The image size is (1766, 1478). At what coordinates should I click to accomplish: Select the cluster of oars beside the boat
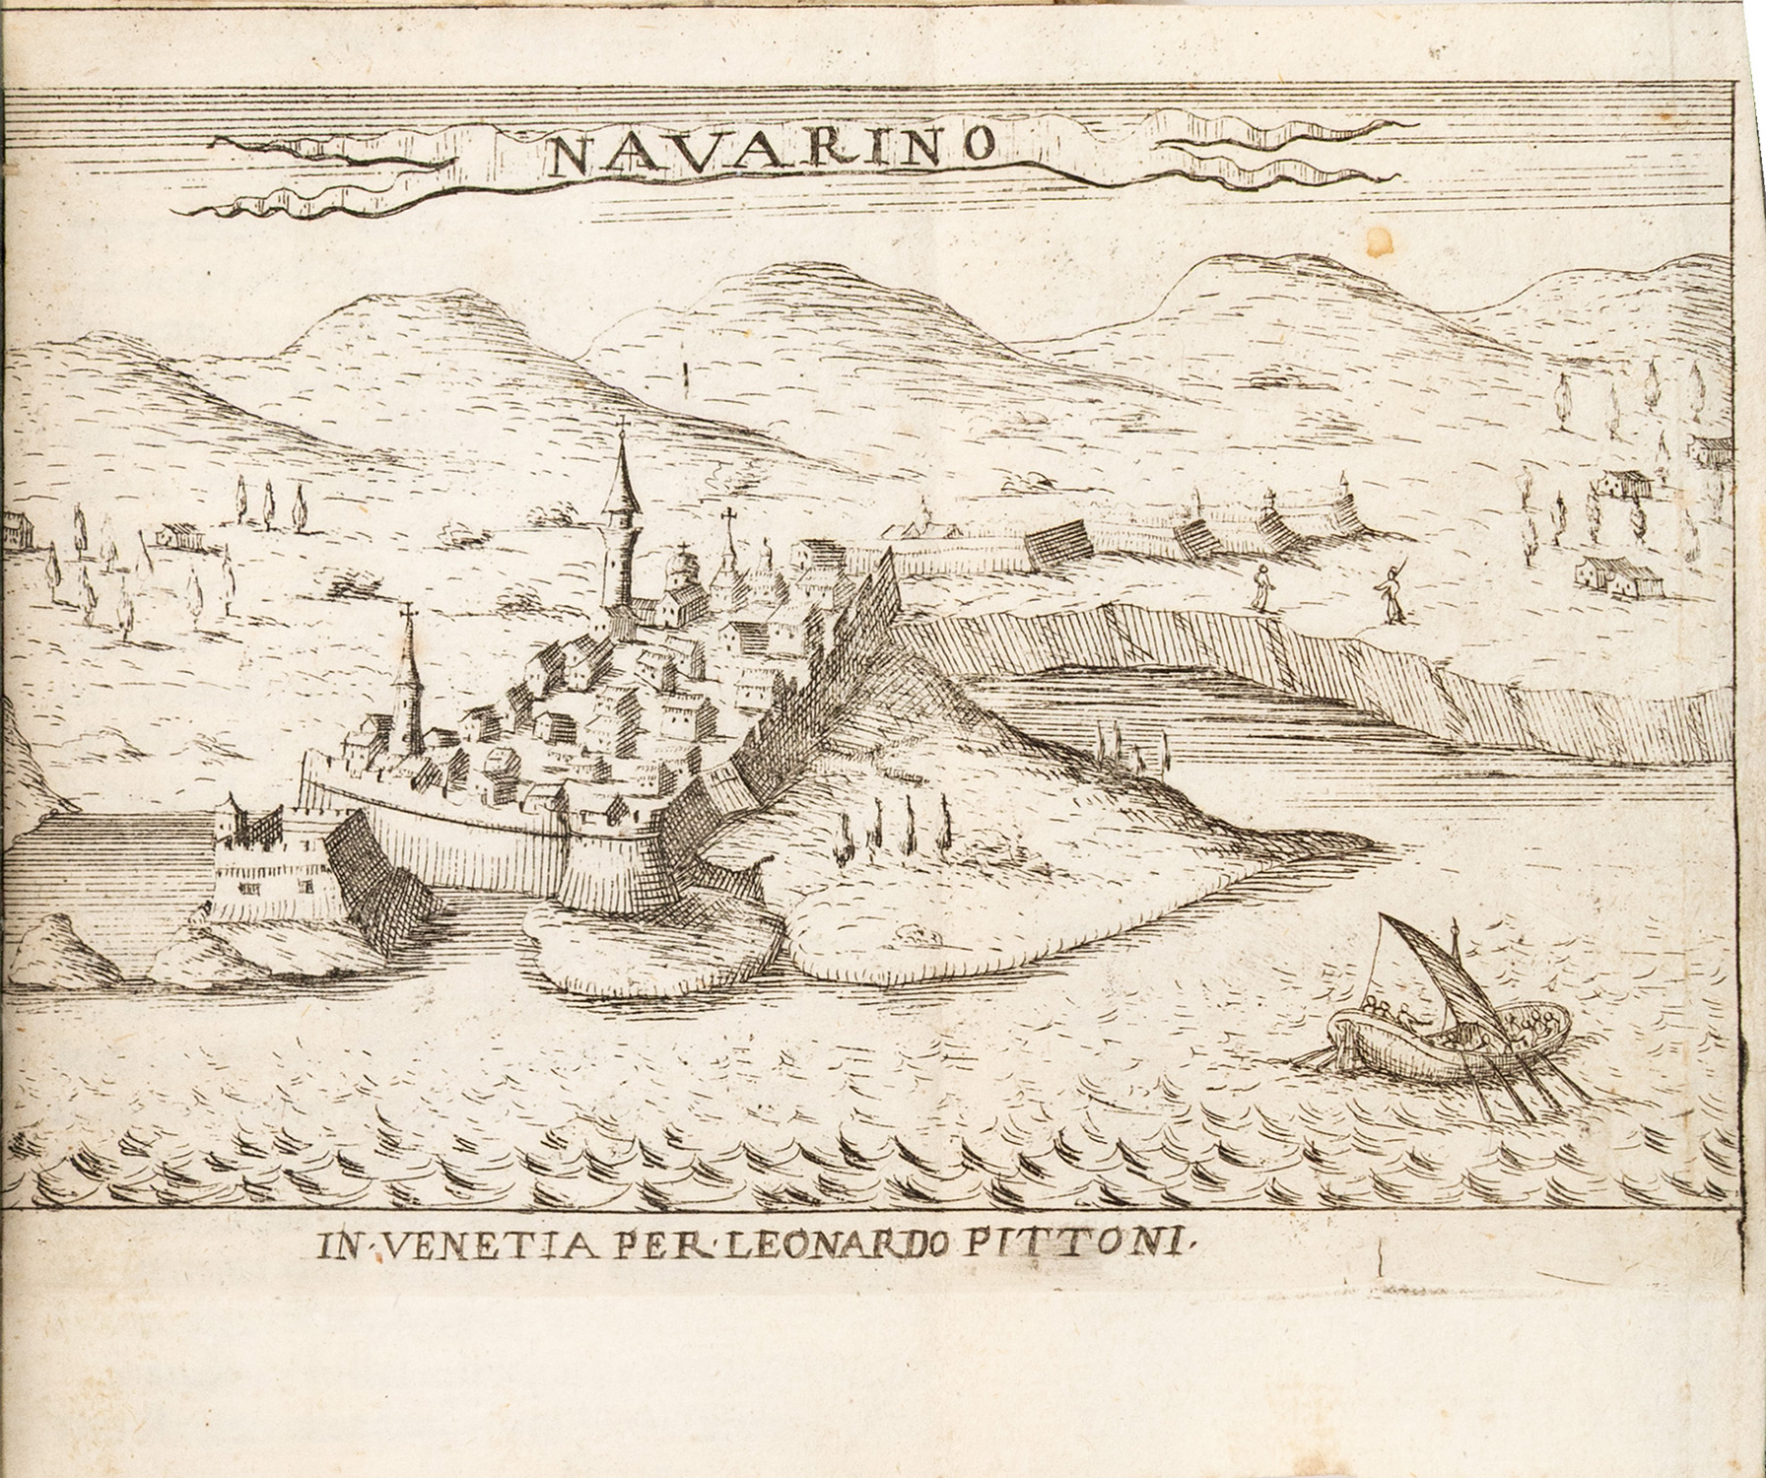[x=1498, y=1084]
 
